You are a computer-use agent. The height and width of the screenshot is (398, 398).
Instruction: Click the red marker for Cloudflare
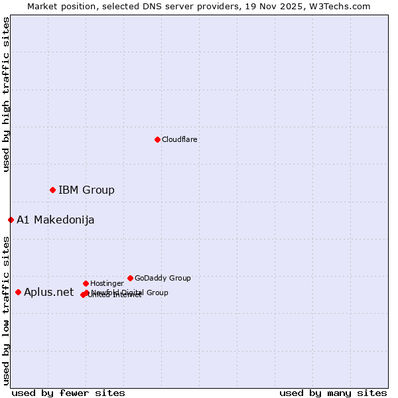tap(157, 139)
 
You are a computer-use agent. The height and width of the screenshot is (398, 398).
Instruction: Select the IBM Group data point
tap(52, 190)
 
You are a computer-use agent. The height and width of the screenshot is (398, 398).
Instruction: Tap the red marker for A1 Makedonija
tap(11, 220)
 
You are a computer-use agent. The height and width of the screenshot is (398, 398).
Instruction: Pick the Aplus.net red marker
tap(18, 292)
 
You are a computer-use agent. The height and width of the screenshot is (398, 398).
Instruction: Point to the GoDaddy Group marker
tap(130, 278)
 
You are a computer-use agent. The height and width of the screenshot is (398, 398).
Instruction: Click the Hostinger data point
tap(86, 283)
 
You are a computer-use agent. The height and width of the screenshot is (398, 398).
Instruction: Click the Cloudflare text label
tap(179, 139)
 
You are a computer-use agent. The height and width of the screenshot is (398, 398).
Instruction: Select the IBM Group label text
tap(86, 190)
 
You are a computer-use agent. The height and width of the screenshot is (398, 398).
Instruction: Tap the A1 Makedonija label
tap(55, 220)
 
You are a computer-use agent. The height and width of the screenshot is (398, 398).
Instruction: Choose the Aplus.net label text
tap(48, 292)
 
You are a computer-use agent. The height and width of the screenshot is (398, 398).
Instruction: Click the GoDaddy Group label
tap(163, 278)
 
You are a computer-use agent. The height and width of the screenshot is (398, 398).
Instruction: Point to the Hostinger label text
tap(107, 283)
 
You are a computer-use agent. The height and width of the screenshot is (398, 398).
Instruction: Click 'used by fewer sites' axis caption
tap(68, 393)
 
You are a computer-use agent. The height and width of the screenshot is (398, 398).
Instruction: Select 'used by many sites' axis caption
tap(333, 393)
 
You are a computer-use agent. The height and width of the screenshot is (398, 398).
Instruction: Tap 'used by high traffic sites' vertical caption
tap(6, 94)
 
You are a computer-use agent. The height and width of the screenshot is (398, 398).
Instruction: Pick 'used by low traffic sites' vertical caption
tap(6, 310)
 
